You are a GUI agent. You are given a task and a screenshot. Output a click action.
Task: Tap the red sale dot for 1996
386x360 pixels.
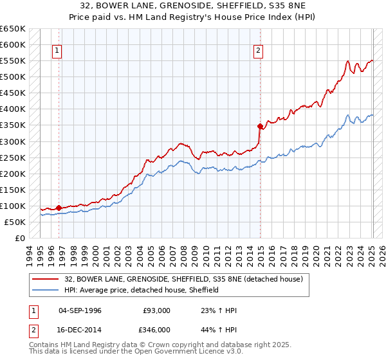coord(59,208)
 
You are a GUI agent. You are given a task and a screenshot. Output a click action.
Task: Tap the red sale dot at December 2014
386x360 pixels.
coord(260,126)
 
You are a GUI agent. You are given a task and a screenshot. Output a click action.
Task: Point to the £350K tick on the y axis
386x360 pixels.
coord(13,125)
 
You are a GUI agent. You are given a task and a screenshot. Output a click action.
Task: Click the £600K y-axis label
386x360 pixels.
coord(13,44)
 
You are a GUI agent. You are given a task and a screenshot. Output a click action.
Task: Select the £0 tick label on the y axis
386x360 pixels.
coord(20,238)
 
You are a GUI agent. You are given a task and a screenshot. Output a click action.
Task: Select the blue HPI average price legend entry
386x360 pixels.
coord(142,290)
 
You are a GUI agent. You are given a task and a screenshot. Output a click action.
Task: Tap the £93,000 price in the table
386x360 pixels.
coord(157,310)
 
